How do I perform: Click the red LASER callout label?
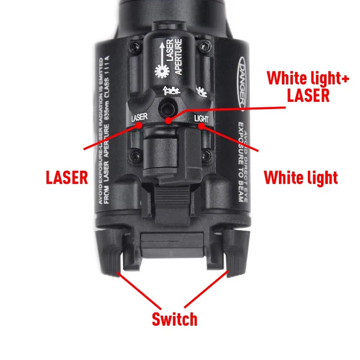(67, 176)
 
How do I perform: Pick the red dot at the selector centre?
(168, 121)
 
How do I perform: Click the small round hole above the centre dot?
(167, 107)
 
